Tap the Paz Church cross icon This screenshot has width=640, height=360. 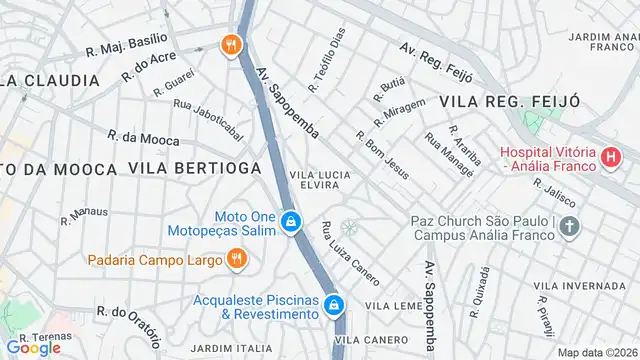(x=569, y=228)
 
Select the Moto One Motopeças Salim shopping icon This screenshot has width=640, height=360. (x=289, y=221)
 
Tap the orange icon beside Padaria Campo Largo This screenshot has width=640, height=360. (x=237, y=260)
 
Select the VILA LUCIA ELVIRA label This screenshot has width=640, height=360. (x=320, y=180)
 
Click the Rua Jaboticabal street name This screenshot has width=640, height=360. (x=208, y=119)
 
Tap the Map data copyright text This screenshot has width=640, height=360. (x=596, y=352)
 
